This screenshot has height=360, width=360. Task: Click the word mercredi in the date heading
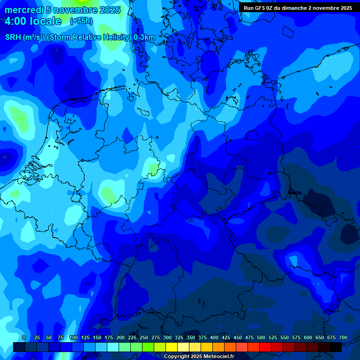pos(23,10)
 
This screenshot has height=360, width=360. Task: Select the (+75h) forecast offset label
pos(81,21)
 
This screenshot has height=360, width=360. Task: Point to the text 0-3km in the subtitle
pos(144,37)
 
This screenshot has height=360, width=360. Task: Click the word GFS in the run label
pos(260,8)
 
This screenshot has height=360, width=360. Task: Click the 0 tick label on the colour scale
pos(24,337)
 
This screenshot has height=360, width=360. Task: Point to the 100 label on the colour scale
pos(74,337)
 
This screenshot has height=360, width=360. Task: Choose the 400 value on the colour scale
pos(214,337)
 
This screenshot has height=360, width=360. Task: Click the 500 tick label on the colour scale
pos(261,337)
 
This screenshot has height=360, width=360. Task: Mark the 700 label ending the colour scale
pos(343,337)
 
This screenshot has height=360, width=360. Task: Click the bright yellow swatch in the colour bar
pos(172,347)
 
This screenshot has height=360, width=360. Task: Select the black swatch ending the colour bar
pos(336,347)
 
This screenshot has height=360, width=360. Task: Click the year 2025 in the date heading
pos(109,10)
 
